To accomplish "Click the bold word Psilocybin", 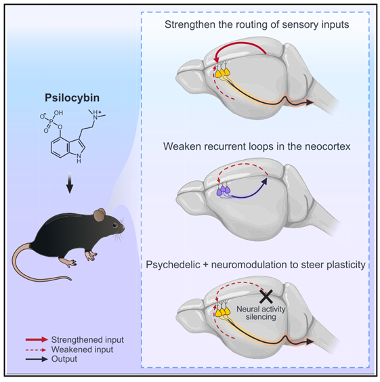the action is (72, 98).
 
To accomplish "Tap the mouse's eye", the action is (114, 226).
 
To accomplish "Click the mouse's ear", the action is (100, 215).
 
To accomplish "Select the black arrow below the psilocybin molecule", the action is (70, 183).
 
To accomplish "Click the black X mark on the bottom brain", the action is (266, 297).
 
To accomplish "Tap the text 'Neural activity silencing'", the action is (261, 313).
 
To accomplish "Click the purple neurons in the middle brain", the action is (224, 190).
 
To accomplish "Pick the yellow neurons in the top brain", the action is (222, 72).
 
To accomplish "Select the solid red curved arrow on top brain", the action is (238, 43).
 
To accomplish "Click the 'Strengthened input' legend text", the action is (87, 339).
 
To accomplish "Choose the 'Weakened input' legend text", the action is (82, 349).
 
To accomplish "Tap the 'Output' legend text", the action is (64, 359).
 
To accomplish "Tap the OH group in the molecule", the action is (58, 113).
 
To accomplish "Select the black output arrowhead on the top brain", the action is (310, 102).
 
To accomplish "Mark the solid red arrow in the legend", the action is (37, 339).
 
